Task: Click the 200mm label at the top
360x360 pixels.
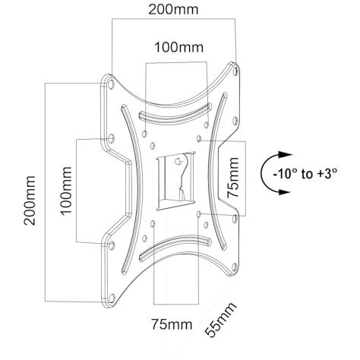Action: pos(173,10)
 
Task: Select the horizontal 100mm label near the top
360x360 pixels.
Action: pos(179,47)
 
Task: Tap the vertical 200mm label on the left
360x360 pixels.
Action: pos(30,200)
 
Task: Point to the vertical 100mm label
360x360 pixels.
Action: pos(66,191)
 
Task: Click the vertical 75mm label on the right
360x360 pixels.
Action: pos(233,178)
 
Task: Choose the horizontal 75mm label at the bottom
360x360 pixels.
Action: pos(172,324)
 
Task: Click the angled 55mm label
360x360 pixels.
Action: pos(221,320)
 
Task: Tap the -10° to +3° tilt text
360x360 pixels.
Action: pos(305,174)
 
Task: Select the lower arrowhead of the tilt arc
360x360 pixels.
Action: pos(284,191)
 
